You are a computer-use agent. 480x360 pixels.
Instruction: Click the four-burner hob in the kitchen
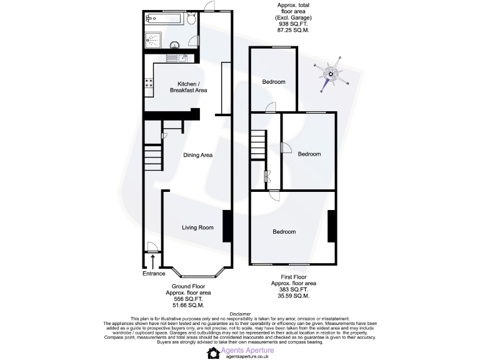[150, 82]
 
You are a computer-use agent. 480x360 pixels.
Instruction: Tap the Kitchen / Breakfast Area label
[188, 87]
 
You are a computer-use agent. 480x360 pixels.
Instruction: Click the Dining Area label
[198, 155]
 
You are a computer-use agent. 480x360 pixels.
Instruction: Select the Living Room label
[197, 227]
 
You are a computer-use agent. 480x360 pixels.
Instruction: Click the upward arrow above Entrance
[153, 259]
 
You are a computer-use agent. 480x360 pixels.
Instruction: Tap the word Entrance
[154, 273]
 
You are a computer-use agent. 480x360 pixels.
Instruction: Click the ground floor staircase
[153, 156]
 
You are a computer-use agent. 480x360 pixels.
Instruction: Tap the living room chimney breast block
[227, 225]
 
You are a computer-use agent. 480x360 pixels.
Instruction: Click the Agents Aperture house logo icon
[214, 353]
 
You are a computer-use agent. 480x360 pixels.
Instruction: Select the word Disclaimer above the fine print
[240, 314]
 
